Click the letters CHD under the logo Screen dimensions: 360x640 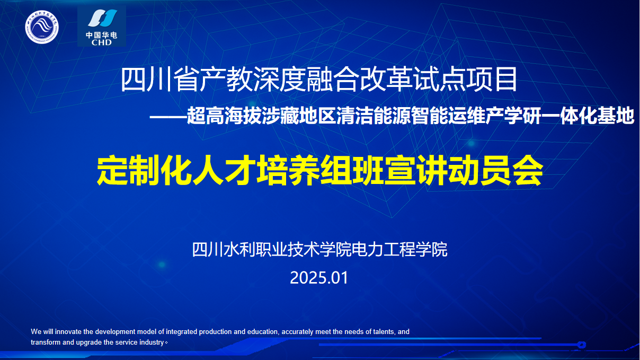(102, 42)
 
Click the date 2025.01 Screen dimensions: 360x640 (319, 278)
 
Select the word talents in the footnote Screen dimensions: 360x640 (384, 332)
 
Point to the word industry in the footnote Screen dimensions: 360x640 (152, 343)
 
